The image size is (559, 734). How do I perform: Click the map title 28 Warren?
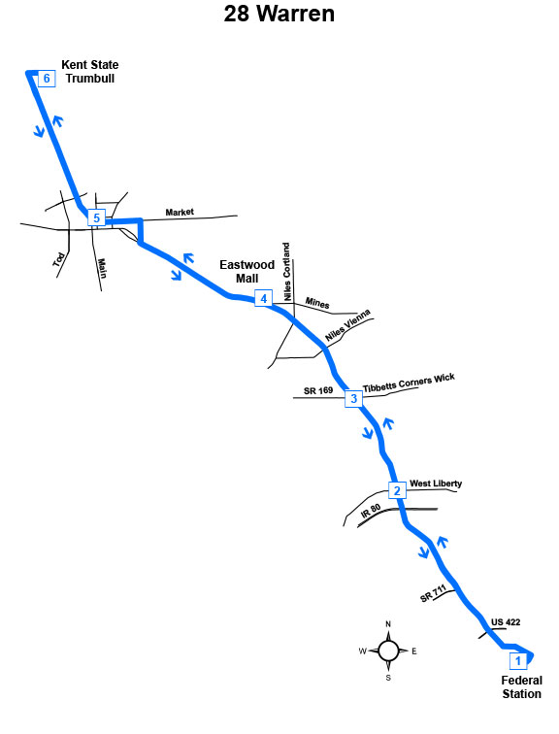click(x=279, y=14)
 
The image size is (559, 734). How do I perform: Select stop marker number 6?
click(x=47, y=79)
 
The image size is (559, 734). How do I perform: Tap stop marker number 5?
click(x=96, y=217)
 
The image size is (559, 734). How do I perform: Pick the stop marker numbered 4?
click(x=263, y=298)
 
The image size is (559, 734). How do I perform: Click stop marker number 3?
click(x=353, y=398)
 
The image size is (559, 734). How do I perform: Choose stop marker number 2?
click(x=397, y=490)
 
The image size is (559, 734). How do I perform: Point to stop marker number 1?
click(x=518, y=661)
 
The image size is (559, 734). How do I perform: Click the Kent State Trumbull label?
click(x=90, y=72)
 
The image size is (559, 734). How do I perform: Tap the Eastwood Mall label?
click(x=247, y=272)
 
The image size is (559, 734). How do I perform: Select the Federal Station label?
click(x=521, y=687)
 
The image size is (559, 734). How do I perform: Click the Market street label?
click(x=180, y=212)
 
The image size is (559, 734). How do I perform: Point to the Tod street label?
click(x=58, y=260)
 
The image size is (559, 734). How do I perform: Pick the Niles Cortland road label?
click(x=286, y=272)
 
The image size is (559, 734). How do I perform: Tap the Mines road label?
click(x=317, y=303)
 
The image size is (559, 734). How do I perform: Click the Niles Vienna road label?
click(x=347, y=325)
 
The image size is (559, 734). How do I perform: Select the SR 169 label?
click(x=318, y=390)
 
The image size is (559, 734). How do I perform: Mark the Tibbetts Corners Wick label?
click(x=409, y=383)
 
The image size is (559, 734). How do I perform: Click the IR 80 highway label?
click(x=371, y=511)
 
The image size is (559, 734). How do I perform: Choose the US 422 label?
click(x=506, y=622)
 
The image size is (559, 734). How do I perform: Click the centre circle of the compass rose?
click(x=388, y=651)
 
